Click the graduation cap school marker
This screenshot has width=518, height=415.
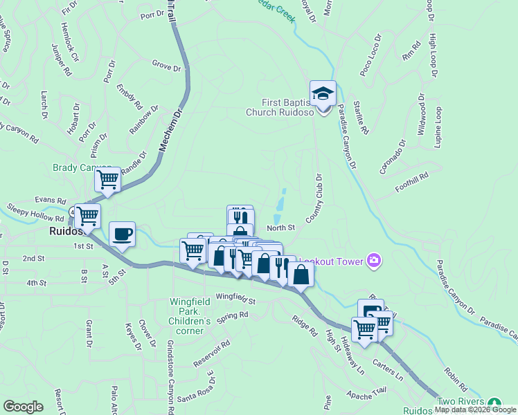point(323,93)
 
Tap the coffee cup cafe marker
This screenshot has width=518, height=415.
point(123,234)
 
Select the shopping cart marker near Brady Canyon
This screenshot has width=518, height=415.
point(107,181)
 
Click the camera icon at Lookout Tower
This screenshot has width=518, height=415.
point(374,260)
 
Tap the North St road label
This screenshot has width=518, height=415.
point(281,227)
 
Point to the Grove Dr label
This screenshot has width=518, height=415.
point(166,66)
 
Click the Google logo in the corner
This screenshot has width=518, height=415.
point(24,407)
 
